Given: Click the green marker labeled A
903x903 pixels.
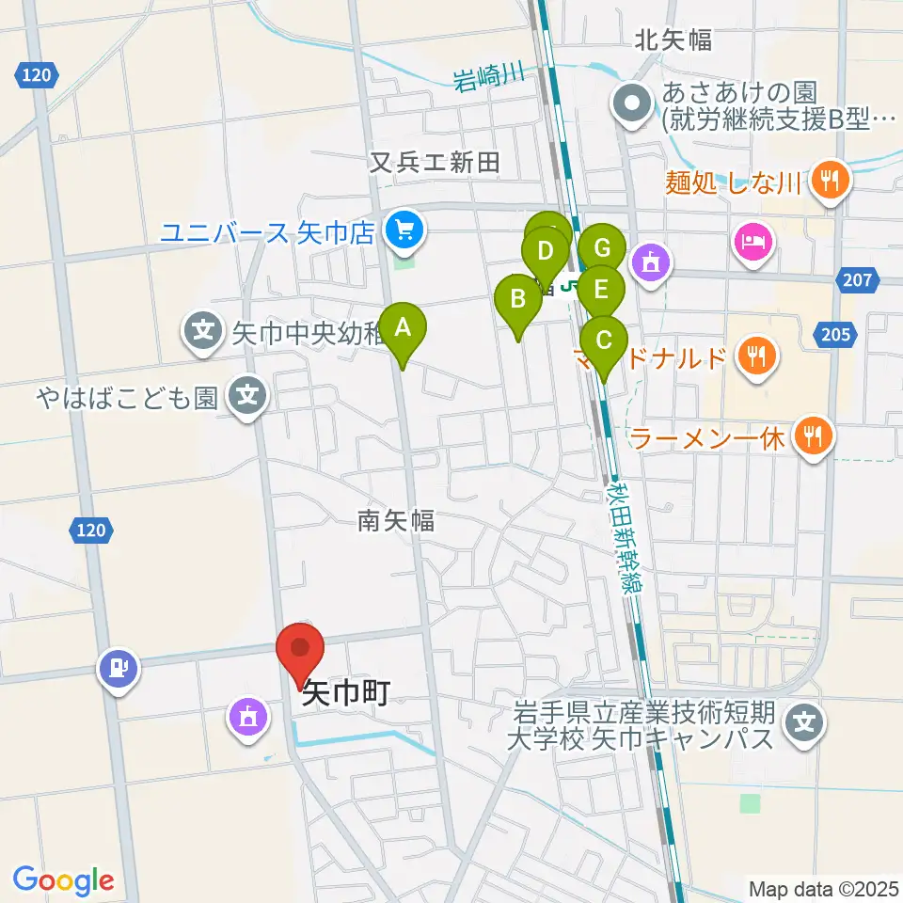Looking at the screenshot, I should pyautogui.click(x=403, y=328).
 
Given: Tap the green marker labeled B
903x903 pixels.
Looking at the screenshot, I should pyautogui.click(x=517, y=301).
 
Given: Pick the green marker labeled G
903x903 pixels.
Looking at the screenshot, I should pyautogui.click(x=602, y=249).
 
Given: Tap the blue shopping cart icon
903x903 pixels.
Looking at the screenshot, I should pyautogui.click(x=405, y=229).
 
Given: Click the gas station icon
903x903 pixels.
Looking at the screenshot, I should pyautogui.click(x=118, y=668).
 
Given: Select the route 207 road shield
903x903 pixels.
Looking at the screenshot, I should pyautogui.click(x=856, y=278).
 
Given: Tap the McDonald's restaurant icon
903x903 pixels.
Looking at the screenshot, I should pyautogui.click(x=756, y=356).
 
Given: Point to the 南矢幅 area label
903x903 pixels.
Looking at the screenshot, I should pyautogui.click(x=395, y=519).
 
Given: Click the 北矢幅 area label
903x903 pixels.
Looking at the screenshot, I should pyautogui.click(x=673, y=40).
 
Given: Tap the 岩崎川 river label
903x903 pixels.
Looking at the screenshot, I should pyautogui.click(x=488, y=79).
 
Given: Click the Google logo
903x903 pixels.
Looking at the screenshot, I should pyautogui.click(x=63, y=880).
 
